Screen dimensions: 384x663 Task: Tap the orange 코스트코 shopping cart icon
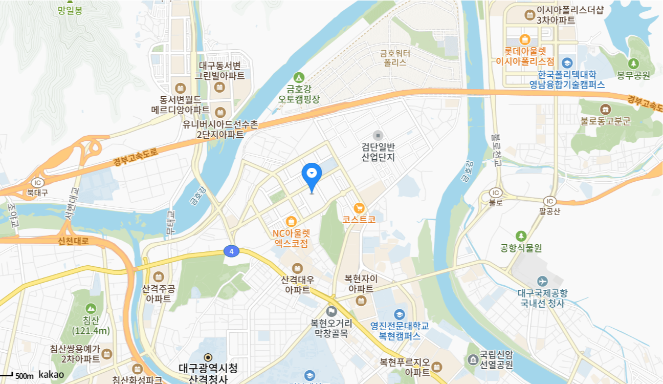point(359,208)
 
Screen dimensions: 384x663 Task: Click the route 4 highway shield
point(232,251)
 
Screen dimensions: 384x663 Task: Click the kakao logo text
point(51,375)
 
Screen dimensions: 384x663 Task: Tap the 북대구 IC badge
point(37,183)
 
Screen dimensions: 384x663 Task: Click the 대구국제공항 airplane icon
point(542,281)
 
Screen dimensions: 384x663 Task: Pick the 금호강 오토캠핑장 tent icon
point(298,76)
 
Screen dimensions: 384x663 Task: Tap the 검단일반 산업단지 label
point(378,152)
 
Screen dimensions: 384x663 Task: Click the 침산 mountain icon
point(91,308)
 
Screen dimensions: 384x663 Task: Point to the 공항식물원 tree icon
point(521,236)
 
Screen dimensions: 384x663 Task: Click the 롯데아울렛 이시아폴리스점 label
point(525,56)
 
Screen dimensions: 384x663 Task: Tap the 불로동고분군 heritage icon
point(606,109)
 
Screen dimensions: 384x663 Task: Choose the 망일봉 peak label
point(70,10)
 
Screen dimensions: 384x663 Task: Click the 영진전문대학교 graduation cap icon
point(399,314)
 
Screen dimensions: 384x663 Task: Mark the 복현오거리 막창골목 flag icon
point(331,311)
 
